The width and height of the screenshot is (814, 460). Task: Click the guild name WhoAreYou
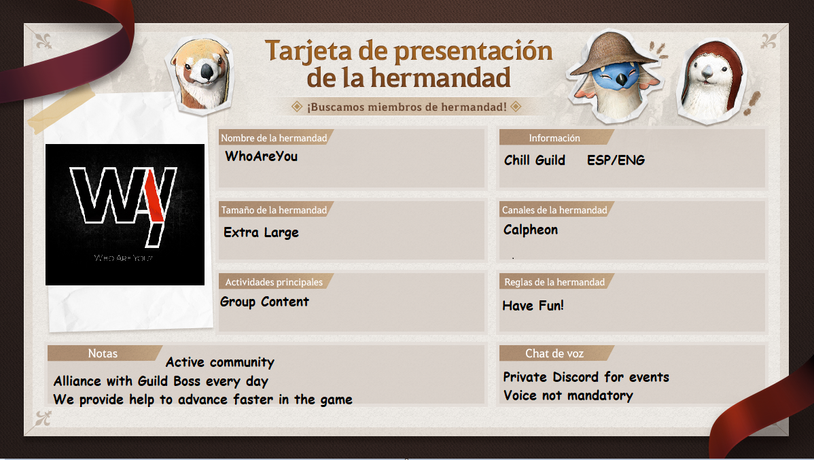[x=261, y=156]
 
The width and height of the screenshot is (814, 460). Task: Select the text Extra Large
[x=261, y=232]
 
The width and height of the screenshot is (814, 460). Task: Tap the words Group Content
[x=264, y=302]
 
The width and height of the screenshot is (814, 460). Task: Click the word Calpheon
[x=531, y=230]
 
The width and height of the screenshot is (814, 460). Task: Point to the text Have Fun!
[x=533, y=306]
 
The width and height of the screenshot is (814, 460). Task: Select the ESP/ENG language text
[x=616, y=160]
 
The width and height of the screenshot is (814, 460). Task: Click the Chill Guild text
[x=535, y=160]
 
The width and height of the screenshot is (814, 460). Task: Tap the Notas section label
[x=103, y=353]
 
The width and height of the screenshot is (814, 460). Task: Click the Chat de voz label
[x=554, y=353]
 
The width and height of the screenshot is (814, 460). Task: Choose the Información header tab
[x=554, y=138]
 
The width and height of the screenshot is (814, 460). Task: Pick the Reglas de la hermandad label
[x=554, y=283]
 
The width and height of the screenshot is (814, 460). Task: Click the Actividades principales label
[x=274, y=283]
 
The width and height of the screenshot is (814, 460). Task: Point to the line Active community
[x=220, y=362]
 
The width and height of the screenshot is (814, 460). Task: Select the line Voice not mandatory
[x=569, y=395]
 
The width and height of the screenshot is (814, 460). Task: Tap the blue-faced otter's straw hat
[x=613, y=52]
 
